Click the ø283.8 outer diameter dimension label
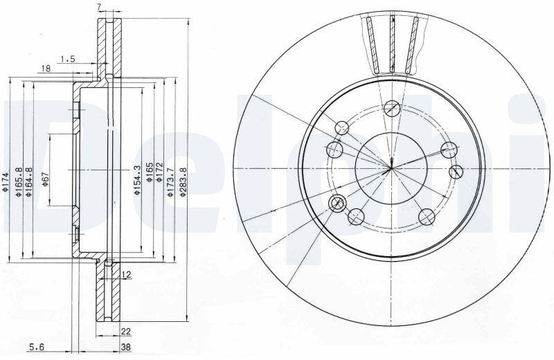pos(183,181)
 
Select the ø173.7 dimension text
pos(170,182)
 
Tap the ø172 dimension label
pos(159,172)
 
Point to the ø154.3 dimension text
pos(137,180)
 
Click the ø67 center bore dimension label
pos(45,179)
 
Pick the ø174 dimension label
pos(5,182)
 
